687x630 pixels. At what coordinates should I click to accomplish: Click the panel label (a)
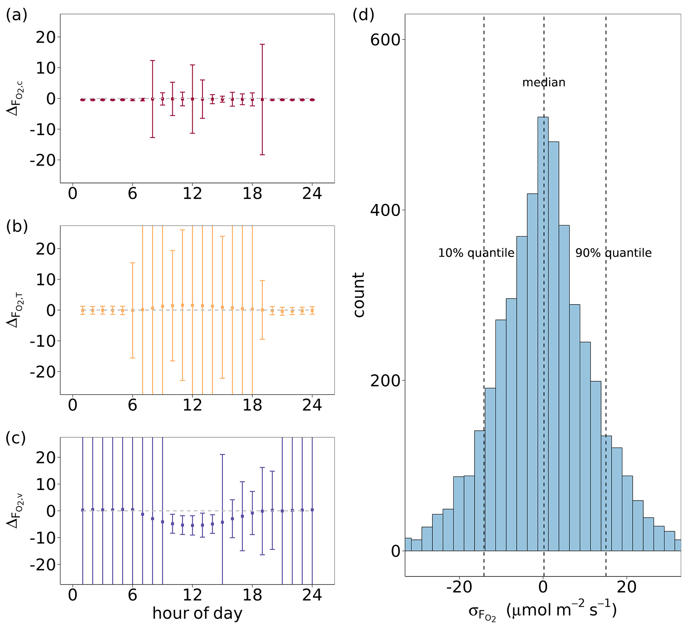[16, 15]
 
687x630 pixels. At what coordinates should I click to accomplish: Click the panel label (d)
[363, 15]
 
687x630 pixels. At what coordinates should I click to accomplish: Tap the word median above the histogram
[544, 82]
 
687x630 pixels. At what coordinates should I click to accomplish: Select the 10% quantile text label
[476, 253]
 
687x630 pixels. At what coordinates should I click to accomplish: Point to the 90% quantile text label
[613, 253]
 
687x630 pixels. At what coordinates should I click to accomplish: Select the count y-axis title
[359, 295]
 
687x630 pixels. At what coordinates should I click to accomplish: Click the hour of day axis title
[197, 613]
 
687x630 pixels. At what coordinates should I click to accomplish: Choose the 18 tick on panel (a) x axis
[252, 194]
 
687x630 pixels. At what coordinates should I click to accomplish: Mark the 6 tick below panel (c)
[132, 595]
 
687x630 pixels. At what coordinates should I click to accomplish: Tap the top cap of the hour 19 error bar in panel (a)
[262, 44]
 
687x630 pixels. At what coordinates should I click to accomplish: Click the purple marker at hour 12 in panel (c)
[192, 525]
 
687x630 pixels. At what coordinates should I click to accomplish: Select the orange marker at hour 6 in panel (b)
[133, 310]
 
